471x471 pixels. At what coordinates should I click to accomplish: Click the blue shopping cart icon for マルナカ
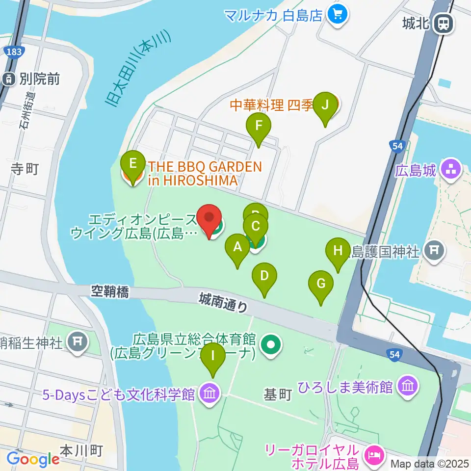(x=338, y=14)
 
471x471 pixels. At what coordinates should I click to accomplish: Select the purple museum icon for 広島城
(x=451, y=170)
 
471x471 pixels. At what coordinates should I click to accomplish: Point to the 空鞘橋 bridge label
(x=110, y=292)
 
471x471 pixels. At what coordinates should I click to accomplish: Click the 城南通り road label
(x=223, y=301)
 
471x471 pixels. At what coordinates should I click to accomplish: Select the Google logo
(x=33, y=459)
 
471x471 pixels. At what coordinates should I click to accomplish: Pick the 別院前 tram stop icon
(x=9, y=78)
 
